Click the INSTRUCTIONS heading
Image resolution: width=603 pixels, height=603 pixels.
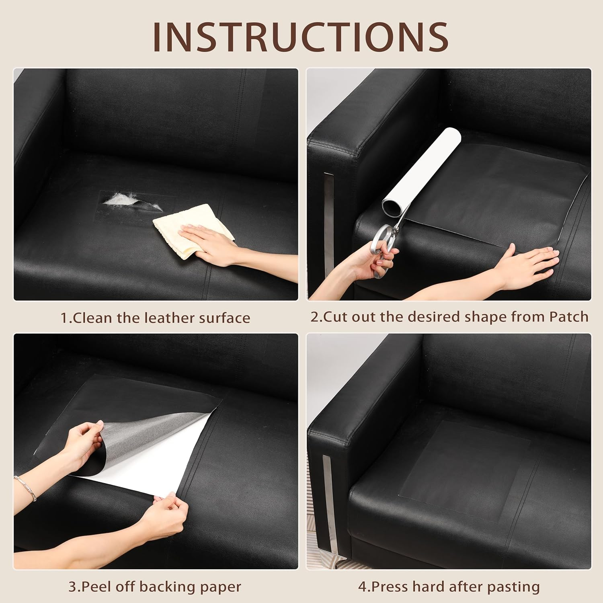(x=301, y=37)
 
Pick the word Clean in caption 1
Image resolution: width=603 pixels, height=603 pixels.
(x=92, y=318)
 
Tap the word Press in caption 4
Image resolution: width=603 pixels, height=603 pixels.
(x=392, y=587)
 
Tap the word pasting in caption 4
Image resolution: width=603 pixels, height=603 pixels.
(x=513, y=587)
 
